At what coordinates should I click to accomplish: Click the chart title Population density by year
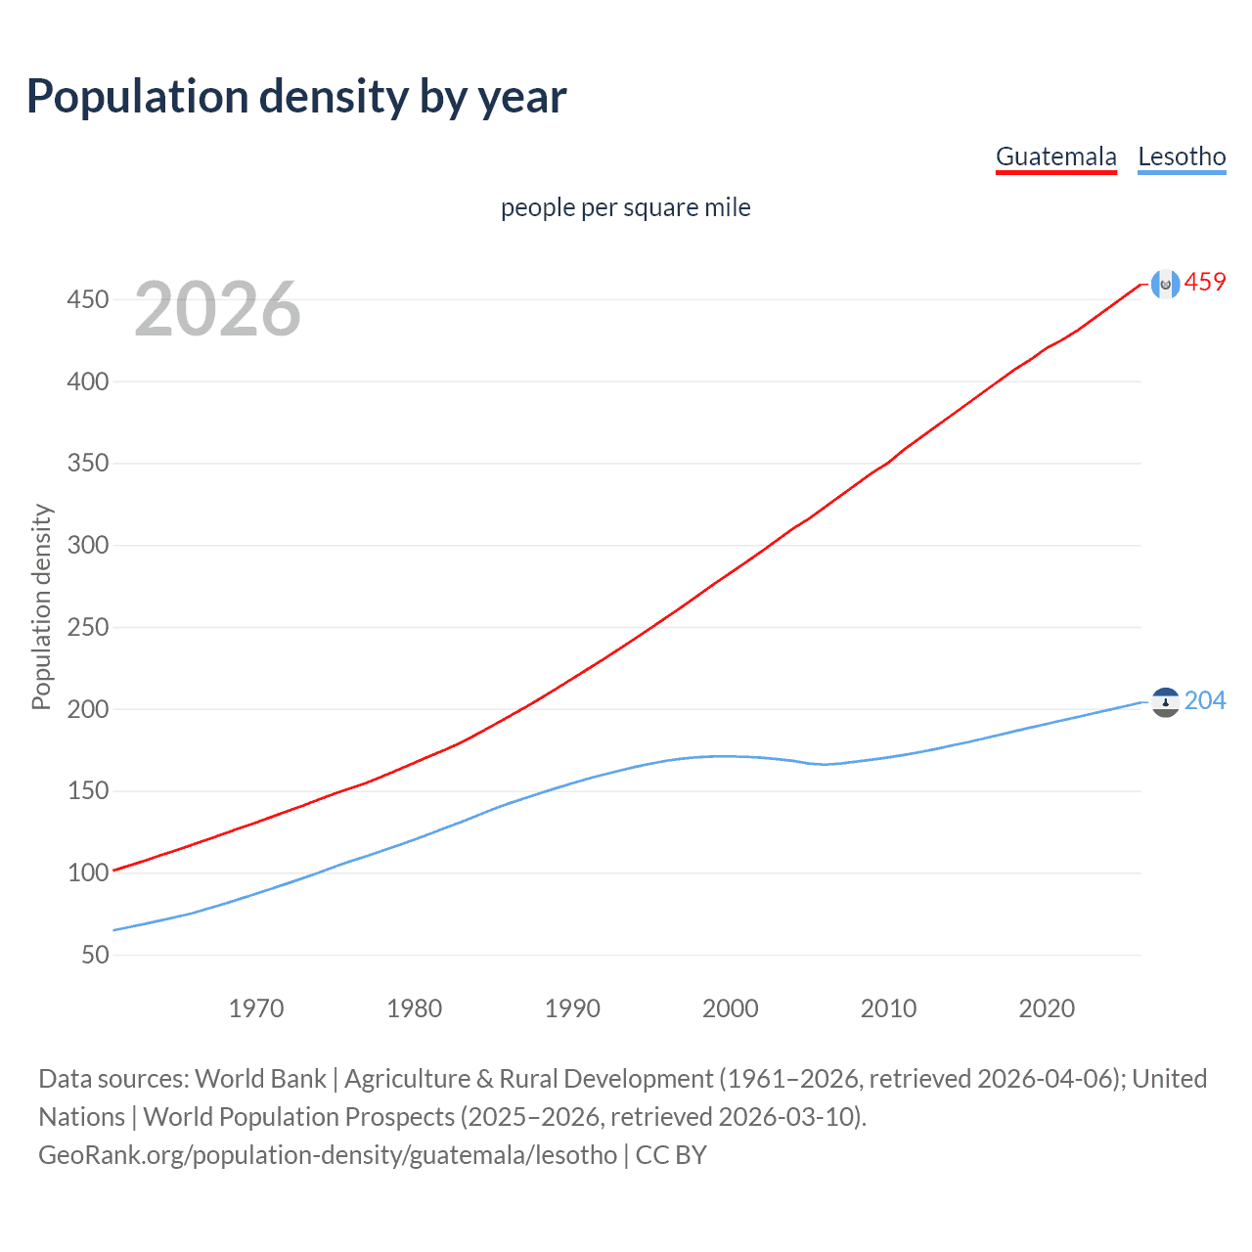pos(296,97)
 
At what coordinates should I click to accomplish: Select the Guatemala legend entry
pos(1055,156)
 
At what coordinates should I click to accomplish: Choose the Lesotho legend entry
pos(1182,156)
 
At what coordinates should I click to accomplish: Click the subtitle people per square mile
pos(625,207)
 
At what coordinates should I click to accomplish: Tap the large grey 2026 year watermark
pos(217,309)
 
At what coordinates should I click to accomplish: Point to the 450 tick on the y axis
pos(88,299)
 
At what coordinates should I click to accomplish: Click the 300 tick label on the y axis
pos(88,545)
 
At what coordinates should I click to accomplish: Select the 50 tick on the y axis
pos(95,955)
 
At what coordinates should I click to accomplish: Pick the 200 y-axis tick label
pos(88,709)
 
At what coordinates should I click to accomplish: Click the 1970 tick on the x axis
pos(256,1008)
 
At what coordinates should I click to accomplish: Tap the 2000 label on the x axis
pos(731,1008)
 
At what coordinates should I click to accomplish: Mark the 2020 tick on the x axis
pos(1047,1008)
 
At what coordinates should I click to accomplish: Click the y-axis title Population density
pos(41,606)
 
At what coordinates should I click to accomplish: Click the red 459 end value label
pos(1205,283)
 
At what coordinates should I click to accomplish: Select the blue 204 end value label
pos(1205,701)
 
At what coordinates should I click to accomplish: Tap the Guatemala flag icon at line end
pos(1165,284)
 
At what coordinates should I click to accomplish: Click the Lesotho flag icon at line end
pos(1165,702)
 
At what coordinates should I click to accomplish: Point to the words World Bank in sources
pos(260,1079)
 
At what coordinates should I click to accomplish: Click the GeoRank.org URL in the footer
pos(328,1155)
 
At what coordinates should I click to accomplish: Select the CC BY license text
pos(671,1155)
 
